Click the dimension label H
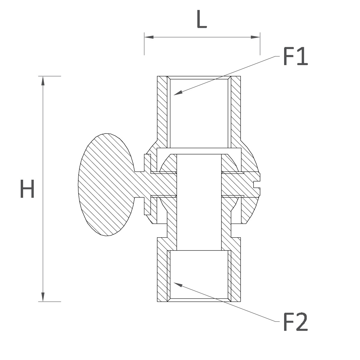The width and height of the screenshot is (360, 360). click(27, 188)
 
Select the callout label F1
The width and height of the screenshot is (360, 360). click(295, 56)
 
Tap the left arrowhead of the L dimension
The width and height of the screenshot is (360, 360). click(149, 37)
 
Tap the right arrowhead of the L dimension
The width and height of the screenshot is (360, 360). click(255, 37)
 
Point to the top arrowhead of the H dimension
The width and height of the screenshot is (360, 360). click(43, 81)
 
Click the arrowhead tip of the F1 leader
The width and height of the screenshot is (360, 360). click(174, 95)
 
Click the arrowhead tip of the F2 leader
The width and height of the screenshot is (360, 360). click(174, 283)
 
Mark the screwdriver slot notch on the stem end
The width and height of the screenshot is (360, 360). click(256, 184)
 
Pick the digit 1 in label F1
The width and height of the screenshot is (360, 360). click(302, 56)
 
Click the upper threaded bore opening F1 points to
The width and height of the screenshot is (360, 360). click(199, 112)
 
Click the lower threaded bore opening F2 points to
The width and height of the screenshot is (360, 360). click(199, 276)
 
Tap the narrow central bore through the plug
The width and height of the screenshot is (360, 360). click(199, 202)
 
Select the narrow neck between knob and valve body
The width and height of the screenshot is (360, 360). click(139, 184)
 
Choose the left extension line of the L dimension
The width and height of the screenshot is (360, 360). click(144, 44)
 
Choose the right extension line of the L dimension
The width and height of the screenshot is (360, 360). click(260, 44)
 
